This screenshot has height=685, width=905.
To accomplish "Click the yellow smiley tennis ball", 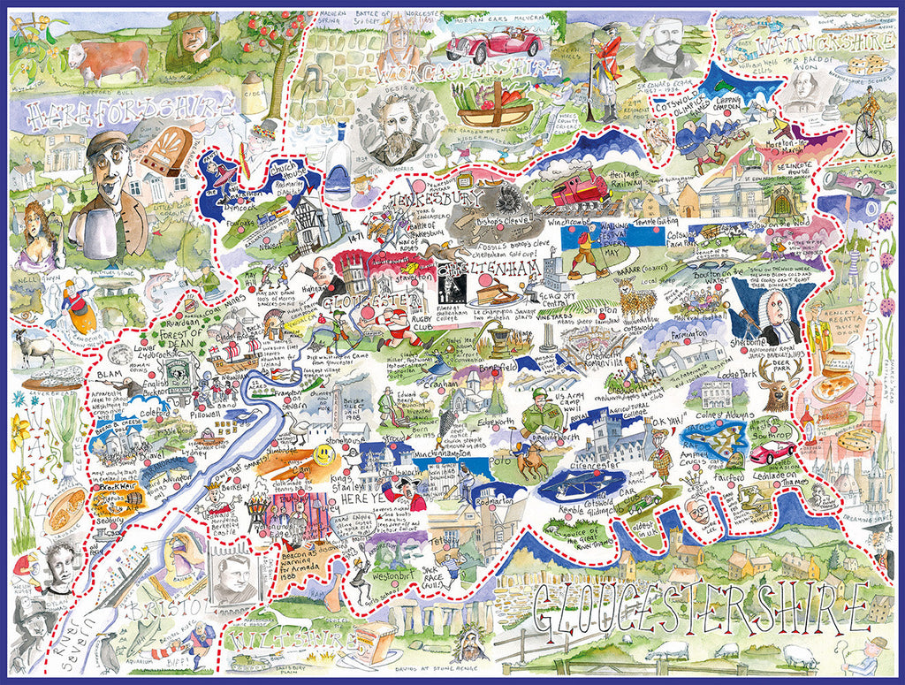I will [x=324, y=454].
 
